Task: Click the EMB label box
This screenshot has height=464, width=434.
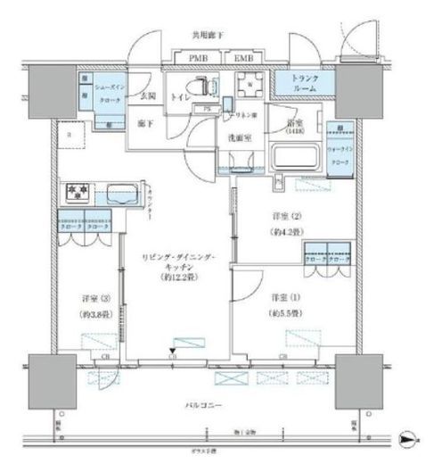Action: pos(242,59)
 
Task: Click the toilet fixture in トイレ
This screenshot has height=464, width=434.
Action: pos(209,87)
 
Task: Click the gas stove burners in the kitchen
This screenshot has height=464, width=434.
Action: pos(75,192)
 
